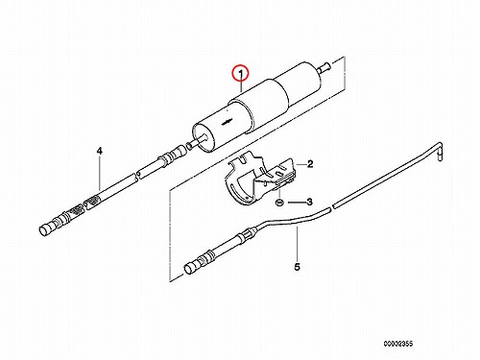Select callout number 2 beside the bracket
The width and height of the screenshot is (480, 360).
pos(310,164)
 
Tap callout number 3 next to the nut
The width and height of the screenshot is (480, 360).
pos(309,202)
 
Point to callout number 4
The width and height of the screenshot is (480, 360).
pos(100,151)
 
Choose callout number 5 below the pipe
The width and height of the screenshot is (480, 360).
pos(298,267)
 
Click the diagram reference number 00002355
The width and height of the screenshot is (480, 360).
pos(398,344)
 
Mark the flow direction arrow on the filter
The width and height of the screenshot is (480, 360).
pos(227,121)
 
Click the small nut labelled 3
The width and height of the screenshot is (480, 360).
pos(279,203)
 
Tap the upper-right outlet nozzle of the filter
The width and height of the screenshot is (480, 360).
pos(324,67)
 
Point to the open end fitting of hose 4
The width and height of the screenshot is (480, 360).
pos(46,229)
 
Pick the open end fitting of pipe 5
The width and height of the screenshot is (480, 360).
pos(190,267)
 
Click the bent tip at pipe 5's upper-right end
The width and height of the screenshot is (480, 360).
pos(440,152)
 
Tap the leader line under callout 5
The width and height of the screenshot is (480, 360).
pos(298,244)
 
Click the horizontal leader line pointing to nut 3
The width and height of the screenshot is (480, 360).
pos(296,203)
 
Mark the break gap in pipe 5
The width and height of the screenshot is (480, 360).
pos(331,207)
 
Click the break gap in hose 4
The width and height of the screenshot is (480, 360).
pos(137,175)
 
